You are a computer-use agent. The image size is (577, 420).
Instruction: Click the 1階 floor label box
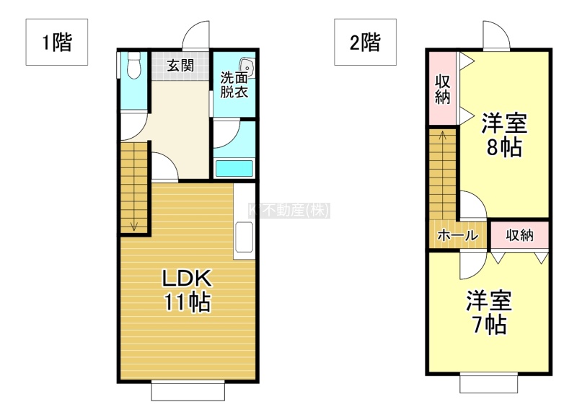(x=57, y=42)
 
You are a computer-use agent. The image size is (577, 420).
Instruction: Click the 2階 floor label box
(x=365, y=42)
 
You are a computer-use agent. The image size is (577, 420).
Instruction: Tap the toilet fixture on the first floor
(x=133, y=65)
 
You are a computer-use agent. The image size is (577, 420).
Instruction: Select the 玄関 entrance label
(x=180, y=66)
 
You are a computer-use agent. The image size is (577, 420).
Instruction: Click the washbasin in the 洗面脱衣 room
(x=246, y=67)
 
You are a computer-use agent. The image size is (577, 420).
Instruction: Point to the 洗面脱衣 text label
(x=234, y=85)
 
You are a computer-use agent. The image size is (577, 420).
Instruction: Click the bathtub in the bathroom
(x=234, y=169)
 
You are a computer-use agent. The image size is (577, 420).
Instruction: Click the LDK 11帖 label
(x=187, y=290)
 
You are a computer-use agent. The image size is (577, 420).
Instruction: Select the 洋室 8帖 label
(x=504, y=135)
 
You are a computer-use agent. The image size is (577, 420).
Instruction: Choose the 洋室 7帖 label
(x=489, y=312)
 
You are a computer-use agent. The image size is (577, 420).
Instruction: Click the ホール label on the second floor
(x=458, y=235)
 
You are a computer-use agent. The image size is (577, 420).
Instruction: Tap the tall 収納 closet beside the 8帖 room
(x=443, y=88)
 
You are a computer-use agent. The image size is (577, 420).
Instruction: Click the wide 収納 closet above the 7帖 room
(x=519, y=235)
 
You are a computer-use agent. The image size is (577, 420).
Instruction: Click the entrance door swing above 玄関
(x=195, y=35)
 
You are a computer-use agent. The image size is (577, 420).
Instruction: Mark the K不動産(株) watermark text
(x=289, y=211)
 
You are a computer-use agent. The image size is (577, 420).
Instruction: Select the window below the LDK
(x=188, y=391)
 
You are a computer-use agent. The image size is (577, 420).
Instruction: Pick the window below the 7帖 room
(x=489, y=383)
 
